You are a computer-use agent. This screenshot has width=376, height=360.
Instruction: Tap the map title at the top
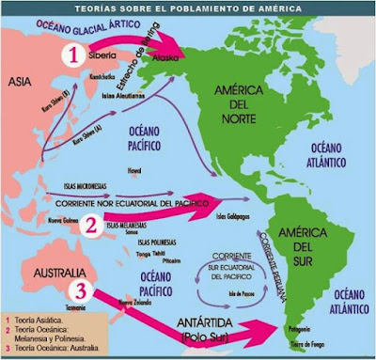[188, 8]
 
